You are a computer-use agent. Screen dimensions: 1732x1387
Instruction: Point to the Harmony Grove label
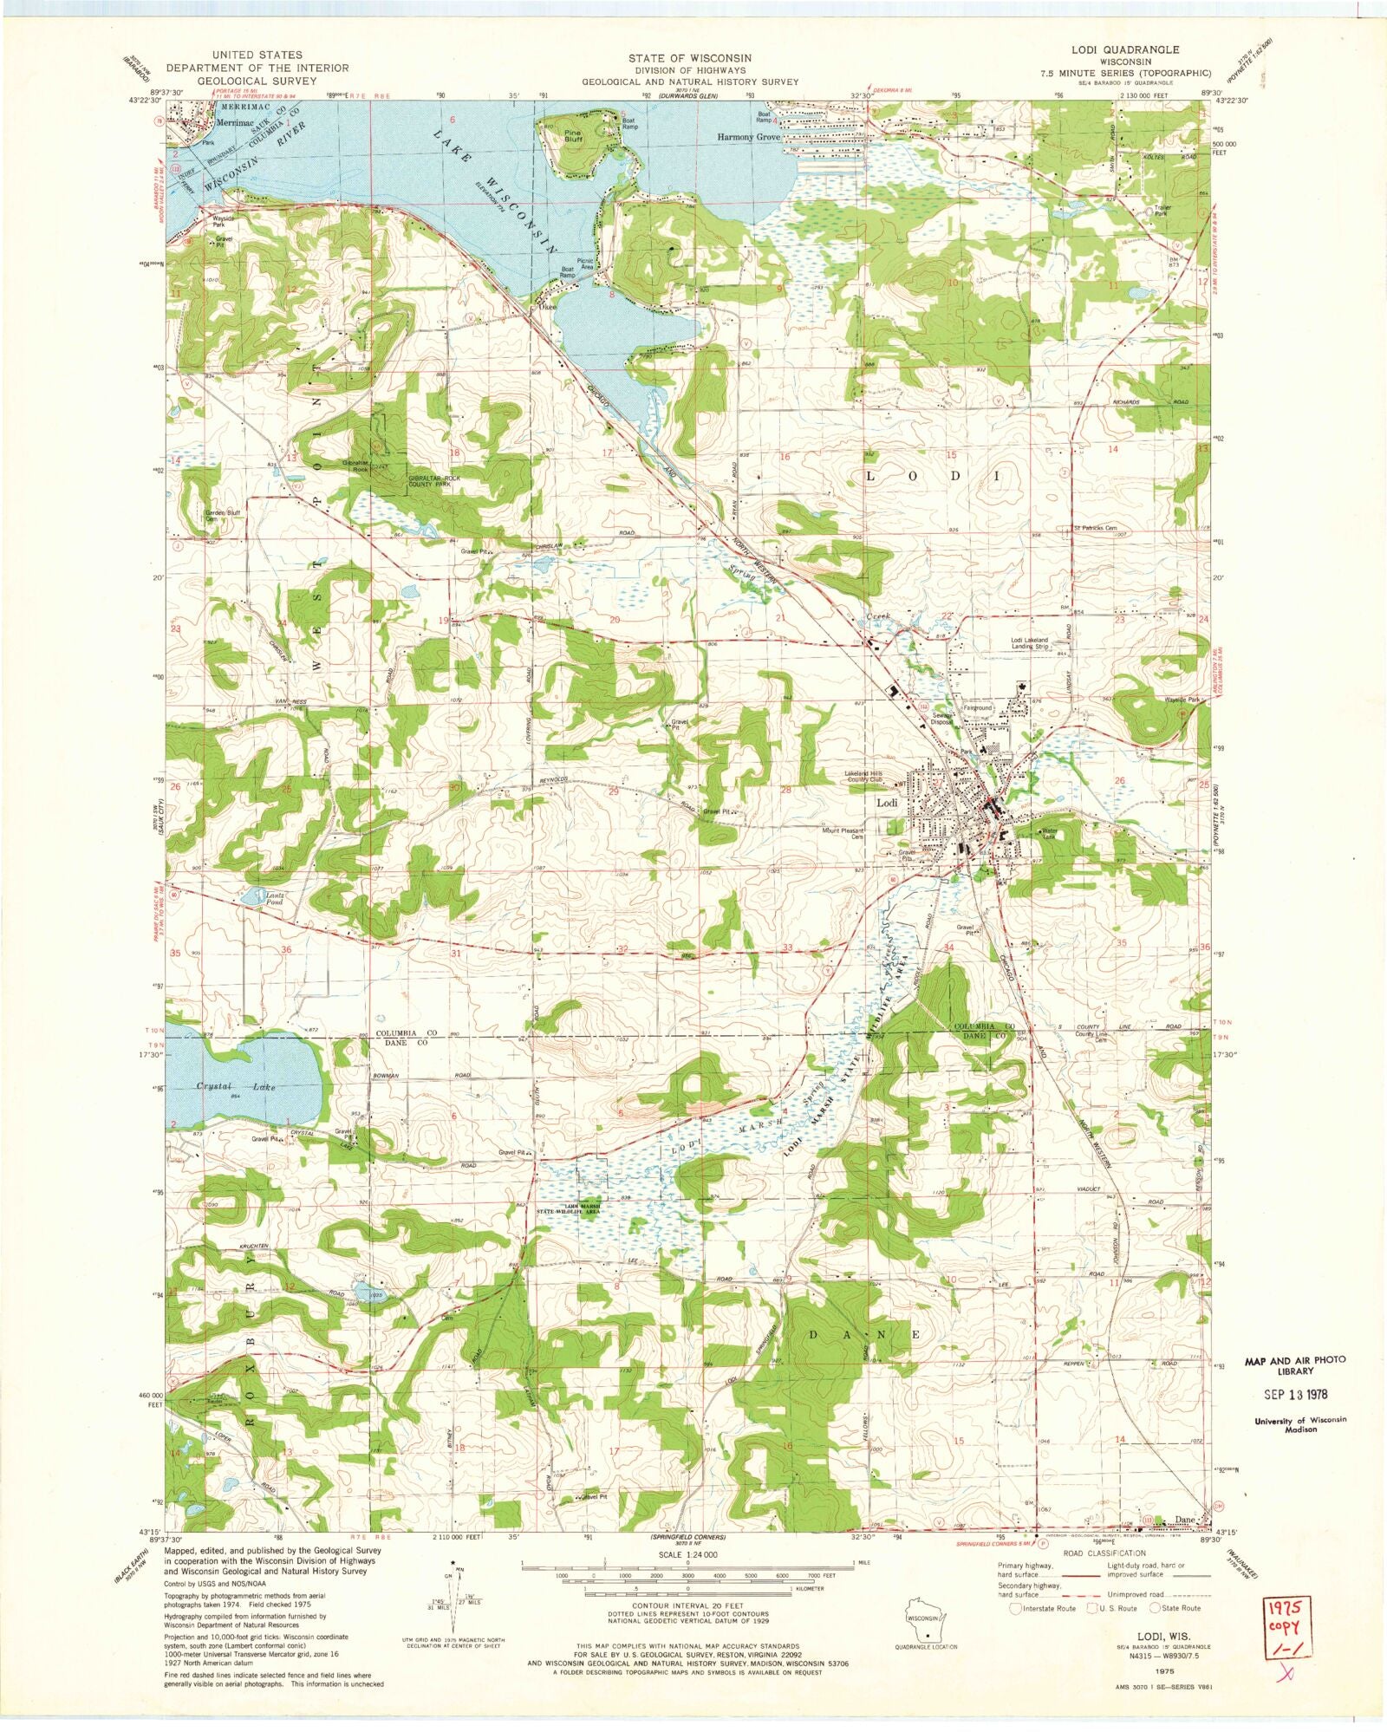point(749,137)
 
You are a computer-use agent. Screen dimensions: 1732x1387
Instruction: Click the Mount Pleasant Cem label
point(843,833)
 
